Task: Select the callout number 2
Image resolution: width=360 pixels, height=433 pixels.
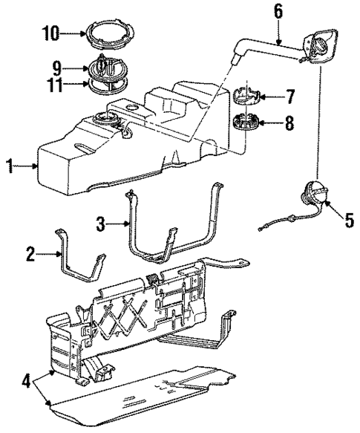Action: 30,255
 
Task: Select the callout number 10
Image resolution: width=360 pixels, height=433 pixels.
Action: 50,33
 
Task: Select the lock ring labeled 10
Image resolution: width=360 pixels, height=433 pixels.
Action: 107,34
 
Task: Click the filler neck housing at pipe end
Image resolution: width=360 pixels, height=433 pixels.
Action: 321,48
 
